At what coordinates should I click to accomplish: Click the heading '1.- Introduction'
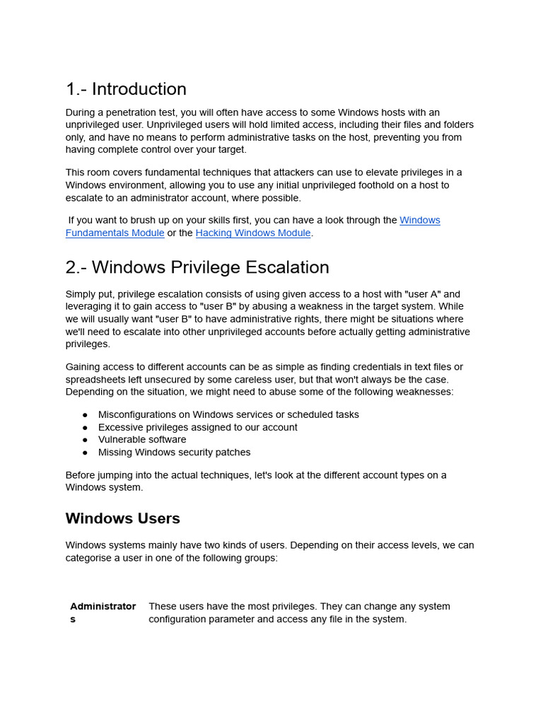[x=126, y=89]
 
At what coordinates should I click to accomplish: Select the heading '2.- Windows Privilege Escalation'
[x=197, y=267]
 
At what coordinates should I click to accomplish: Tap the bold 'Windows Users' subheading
[x=122, y=518]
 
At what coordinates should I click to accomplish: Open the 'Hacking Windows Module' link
[x=253, y=233]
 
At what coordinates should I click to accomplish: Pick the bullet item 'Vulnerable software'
[x=142, y=440]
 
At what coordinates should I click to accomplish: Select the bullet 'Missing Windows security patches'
[x=174, y=452]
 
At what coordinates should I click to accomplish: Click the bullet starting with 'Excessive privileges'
[x=197, y=427]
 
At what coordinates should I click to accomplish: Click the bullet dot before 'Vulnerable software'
[x=85, y=440]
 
